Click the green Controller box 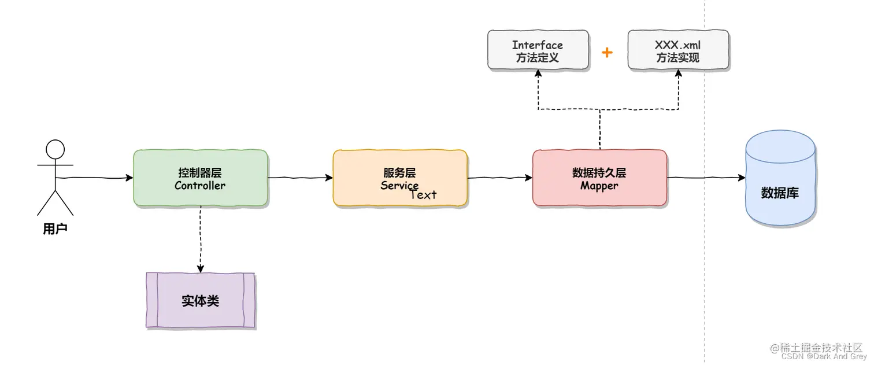[200, 178]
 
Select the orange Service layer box [399, 178]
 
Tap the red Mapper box [599, 178]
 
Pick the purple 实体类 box [200, 301]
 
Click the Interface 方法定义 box [538, 51]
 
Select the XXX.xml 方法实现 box [678, 51]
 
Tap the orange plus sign [607, 53]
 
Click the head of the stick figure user [55, 149]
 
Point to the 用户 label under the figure [55, 229]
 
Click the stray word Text [423, 195]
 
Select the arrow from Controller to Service [300, 178]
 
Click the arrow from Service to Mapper [499, 178]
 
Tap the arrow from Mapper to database [706, 178]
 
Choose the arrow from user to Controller [95, 178]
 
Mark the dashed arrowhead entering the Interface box [538, 73]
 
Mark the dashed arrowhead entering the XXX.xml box [678, 73]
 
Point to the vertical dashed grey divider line [705, 260]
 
